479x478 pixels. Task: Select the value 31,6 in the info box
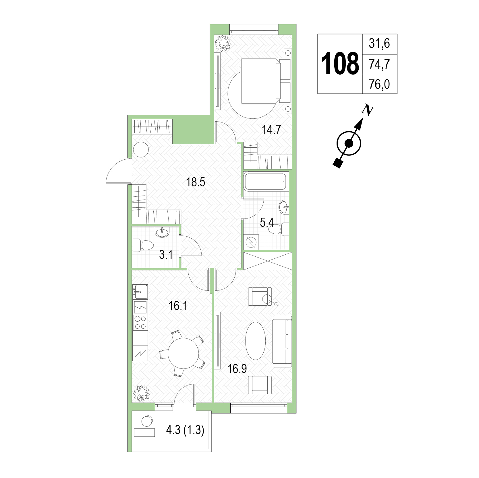point(379,44)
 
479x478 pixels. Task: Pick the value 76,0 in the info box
point(379,85)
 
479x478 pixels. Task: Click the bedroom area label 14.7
point(271,130)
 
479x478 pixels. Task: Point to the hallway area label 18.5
point(196,182)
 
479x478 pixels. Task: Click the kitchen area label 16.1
point(178,306)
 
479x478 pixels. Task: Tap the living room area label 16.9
point(237,369)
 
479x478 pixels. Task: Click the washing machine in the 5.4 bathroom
point(251,242)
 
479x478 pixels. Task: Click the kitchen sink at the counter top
point(140,292)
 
